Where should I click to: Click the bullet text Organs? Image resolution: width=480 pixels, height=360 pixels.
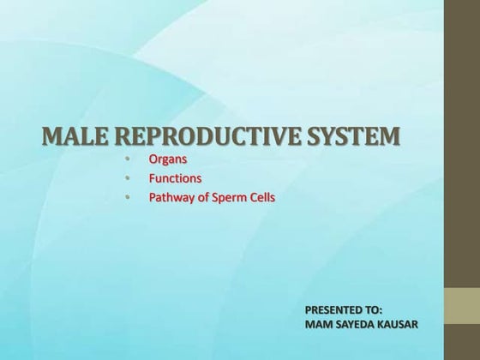tap(168, 159)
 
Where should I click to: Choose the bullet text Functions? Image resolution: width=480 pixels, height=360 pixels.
tap(175, 179)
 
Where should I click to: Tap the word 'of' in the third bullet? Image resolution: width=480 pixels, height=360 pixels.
tap(204, 198)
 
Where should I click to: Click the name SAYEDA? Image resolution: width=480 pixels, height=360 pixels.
tap(355, 325)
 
